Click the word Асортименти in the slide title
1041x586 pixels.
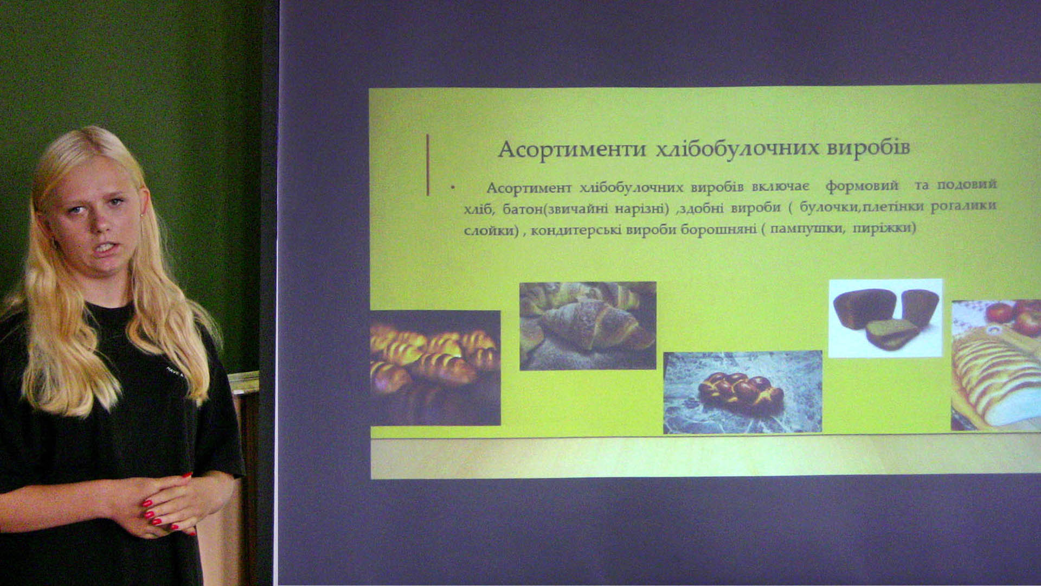pos(571,149)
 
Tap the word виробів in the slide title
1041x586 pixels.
pos(868,148)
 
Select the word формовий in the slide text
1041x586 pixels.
pos(862,186)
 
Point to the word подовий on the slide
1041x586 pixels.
pos(967,185)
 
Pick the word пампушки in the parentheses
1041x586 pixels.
pos(807,228)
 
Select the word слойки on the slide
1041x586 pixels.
pos(489,230)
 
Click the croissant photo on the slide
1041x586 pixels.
pos(588,326)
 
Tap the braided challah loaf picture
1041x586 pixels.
pos(742,392)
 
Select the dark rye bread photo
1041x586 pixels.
pos(885,318)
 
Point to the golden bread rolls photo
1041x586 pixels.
pos(435,368)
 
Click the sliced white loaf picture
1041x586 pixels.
pos(996,365)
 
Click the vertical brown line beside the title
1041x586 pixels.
pos(428,165)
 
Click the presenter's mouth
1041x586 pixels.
pos(105,249)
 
